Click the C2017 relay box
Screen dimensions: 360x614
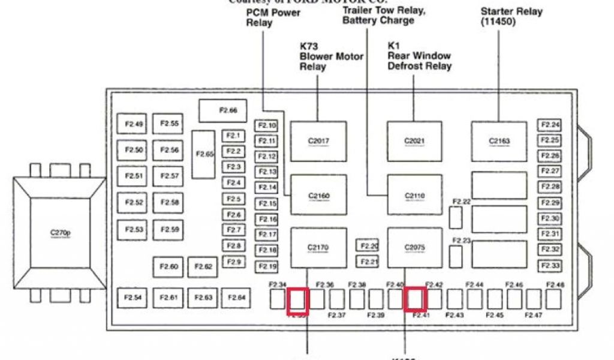point(318,141)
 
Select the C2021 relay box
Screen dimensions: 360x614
point(414,141)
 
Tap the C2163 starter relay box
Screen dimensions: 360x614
point(499,141)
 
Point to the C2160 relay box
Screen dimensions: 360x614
point(318,195)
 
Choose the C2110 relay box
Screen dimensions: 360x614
point(414,195)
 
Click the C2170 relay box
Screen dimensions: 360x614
point(318,247)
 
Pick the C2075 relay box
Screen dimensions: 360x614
point(414,247)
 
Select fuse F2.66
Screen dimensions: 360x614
point(223,110)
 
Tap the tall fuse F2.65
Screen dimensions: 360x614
point(204,154)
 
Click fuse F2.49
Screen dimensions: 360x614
point(134,125)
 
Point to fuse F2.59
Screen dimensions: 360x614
point(168,229)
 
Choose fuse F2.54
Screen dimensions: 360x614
point(134,298)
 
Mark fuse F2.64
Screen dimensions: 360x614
point(236,298)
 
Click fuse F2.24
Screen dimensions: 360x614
point(549,125)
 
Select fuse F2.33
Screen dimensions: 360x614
point(549,265)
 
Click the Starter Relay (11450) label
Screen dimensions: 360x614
point(511,16)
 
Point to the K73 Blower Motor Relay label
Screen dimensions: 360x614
point(331,56)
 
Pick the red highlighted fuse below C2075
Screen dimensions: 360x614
point(415,299)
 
